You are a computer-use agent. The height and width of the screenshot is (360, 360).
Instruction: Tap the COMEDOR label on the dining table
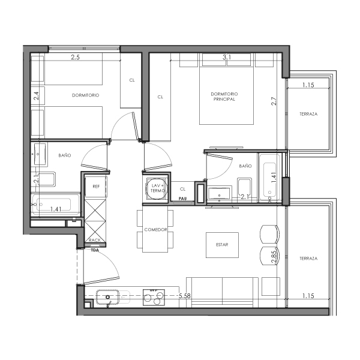click(x=155, y=230)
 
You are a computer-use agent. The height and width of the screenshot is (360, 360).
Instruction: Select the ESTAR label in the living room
click(x=222, y=244)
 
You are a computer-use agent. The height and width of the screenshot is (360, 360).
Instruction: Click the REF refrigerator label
click(x=96, y=187)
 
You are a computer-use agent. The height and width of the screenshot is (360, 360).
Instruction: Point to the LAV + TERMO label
click(x=157, y=188)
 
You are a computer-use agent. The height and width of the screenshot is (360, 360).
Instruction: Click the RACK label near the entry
click(x=95, y=240)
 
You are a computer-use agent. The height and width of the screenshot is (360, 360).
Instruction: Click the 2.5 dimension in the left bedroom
click(x=76, y=58)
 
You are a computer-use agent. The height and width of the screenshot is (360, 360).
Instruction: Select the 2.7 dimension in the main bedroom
click(x=274, y=102)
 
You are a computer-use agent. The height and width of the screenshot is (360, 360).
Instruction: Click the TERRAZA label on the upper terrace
click(x=308, y=114)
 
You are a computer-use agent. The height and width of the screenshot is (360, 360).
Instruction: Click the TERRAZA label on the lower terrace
click(x=308, y=258)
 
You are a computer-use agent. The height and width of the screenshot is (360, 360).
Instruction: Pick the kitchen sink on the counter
click(x=109, y=296)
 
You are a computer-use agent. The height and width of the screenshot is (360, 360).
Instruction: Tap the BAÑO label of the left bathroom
click(x=65, y=155)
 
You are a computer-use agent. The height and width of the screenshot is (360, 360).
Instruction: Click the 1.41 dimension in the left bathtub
click(x=56, y=209)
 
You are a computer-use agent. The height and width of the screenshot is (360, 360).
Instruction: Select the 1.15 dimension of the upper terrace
click(x=308, y=85)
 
